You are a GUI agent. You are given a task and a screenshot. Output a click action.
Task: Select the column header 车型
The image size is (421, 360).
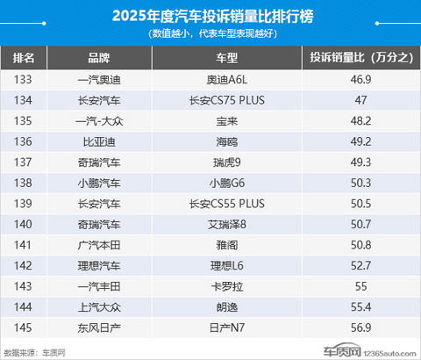point(227,57)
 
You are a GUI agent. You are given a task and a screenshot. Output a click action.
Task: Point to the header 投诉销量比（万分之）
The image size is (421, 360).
point(360,57)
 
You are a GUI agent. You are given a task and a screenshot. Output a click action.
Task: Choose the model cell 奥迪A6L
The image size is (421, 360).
point(227,80)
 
